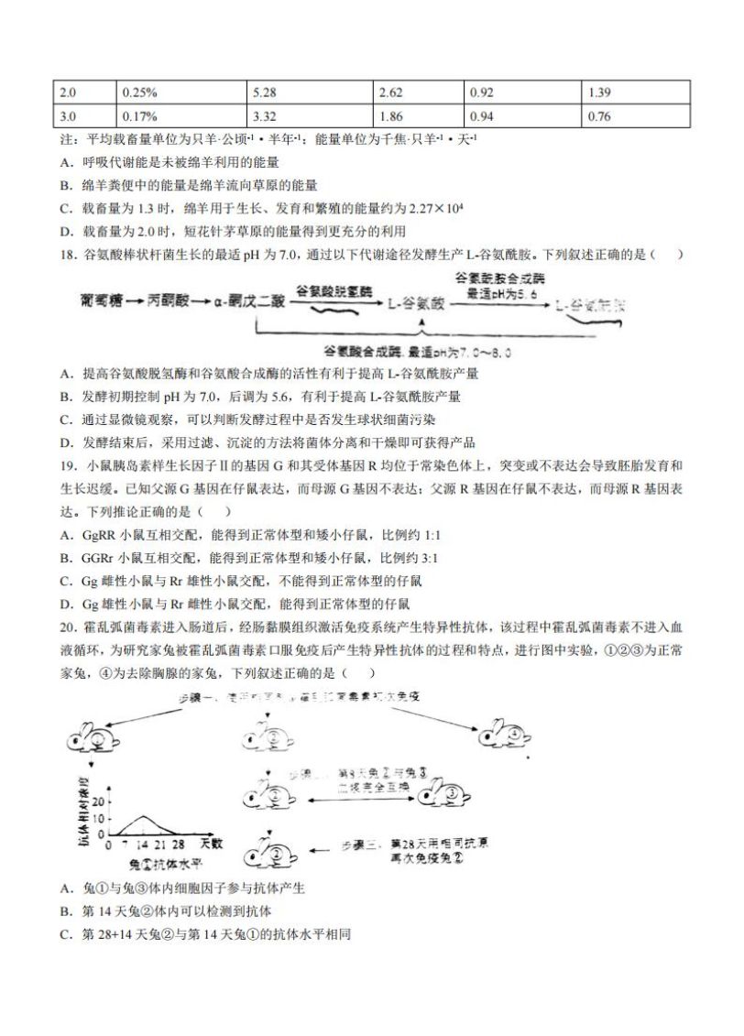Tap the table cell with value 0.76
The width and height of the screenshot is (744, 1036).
tap(599, 116)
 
